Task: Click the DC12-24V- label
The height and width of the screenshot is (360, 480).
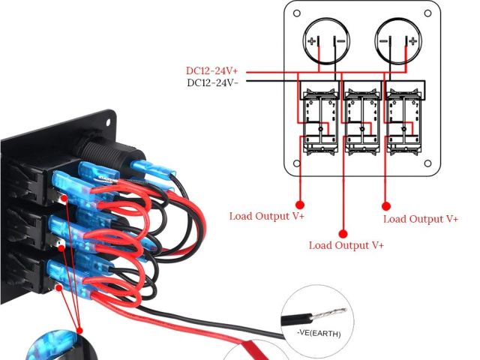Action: pyautogui.click(x=212, y=82)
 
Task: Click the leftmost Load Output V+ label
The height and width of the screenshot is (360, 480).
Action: pyautogui.click(x=267, y=217)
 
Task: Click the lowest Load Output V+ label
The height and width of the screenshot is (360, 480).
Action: pyautogui.click(x=346, y=245)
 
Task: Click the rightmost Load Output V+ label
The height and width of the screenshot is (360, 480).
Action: pyautogui.click(x=420, y=219)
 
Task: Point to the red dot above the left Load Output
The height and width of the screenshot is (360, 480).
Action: pyautogui.click(x=300, y=203)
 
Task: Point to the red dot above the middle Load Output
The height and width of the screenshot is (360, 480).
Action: pyautogui.click(x=343, y=232)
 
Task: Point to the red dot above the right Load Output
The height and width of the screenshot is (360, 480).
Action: pyautogui.click(x=387, y=205)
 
